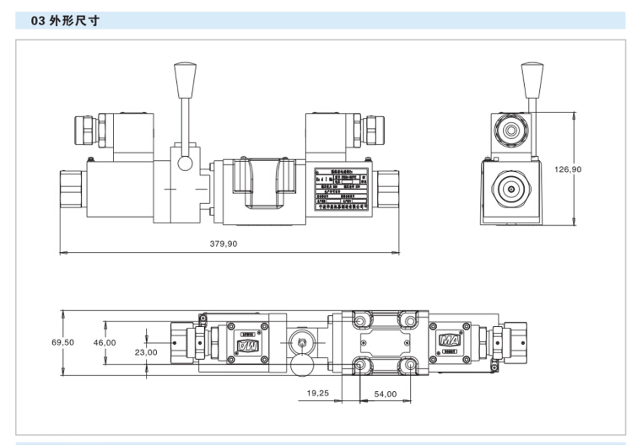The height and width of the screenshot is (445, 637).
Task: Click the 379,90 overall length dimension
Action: coord(223,244)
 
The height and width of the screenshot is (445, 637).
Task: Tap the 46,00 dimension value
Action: coord(104,343)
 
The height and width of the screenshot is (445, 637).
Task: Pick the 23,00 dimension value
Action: coord(146,352)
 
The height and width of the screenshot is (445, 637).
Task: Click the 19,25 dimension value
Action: coord(318,394)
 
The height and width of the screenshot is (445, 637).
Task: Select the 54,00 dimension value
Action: coord(385,394)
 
